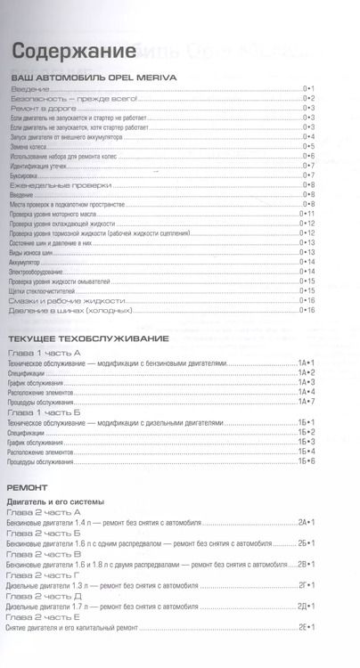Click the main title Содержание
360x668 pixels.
coord(68,52)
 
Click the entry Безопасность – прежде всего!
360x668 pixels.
coord(75,99)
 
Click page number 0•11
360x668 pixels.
coord(308,214)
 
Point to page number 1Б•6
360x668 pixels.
coord(307,461)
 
